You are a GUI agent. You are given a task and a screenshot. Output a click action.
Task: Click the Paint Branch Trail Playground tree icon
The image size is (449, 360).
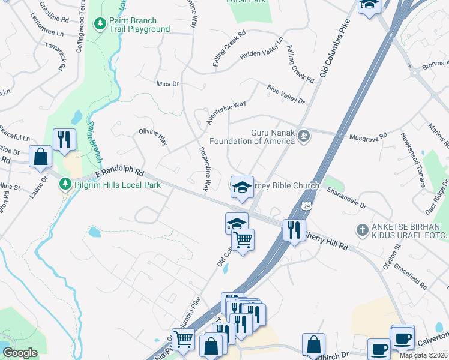[x=100, y=23]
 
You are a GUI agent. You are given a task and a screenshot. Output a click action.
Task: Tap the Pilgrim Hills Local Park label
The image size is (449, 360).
[x=116, y=185]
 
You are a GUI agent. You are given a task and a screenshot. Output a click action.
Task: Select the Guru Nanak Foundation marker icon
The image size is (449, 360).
[x=304, y=136]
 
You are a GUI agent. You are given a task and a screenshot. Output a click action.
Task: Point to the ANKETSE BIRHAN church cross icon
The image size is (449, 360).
[x=361, y=230]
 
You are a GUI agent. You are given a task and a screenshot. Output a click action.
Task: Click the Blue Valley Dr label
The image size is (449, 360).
[x=286, y=94]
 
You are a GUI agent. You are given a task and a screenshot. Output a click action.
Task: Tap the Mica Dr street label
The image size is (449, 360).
[x=167, y=84]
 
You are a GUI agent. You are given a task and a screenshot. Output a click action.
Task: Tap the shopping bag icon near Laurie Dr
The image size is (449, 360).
[x=40, y=157]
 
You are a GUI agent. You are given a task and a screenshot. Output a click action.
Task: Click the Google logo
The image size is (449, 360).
[x=20, y=353]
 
